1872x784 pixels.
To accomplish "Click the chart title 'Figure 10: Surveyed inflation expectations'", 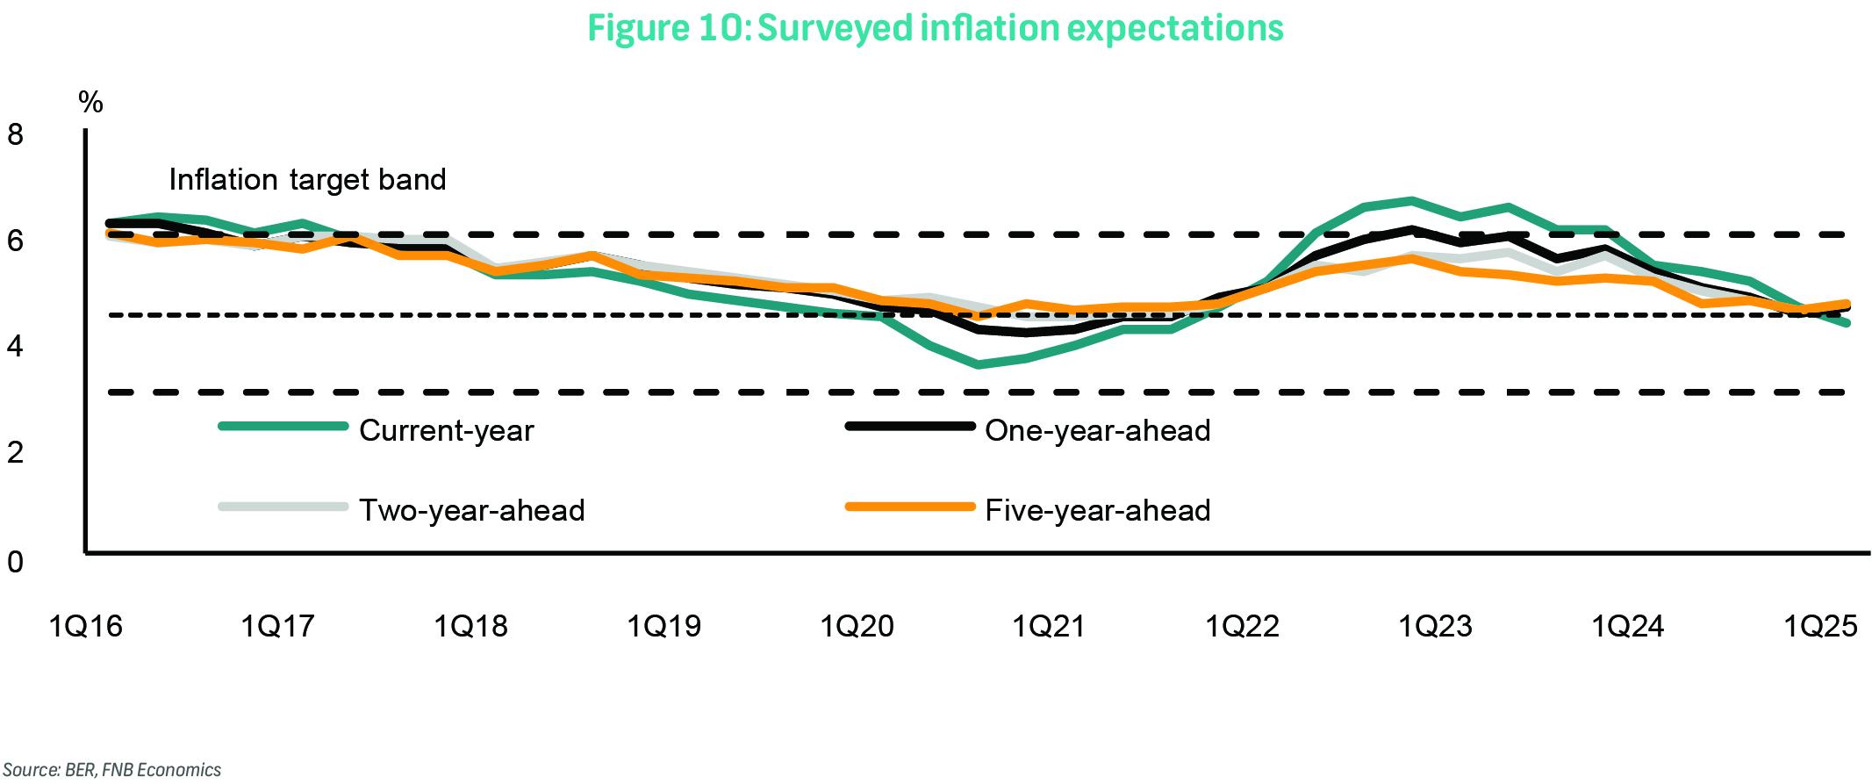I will tap(935, 28).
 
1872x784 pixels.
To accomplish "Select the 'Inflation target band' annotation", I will tap(307, 180).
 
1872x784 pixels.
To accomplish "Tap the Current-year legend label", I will tap(446, 431).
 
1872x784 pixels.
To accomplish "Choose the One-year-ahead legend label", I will tap(1097, 431).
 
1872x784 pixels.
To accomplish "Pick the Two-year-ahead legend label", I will tap(471, 511).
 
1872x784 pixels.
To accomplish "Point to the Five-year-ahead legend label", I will tap(1097, 511).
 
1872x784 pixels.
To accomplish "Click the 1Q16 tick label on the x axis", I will tap(85, 627).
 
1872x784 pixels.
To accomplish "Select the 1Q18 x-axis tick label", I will tap(471, 627).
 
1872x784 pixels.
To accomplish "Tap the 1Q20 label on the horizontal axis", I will tap(857, 627).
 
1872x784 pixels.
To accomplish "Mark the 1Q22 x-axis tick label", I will tap(1242, 627).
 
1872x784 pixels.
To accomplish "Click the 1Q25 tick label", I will tap(1821, 627).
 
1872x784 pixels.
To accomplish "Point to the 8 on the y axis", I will tap(15, 134).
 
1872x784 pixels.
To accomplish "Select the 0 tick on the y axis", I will tap(15, 562).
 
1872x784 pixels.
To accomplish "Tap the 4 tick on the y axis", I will tap(15, 347).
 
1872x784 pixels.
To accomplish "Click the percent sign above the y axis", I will tap(90, 103).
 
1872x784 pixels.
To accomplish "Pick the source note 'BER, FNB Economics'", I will tap(111, 770).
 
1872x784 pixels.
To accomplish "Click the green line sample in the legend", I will tap(283, 427).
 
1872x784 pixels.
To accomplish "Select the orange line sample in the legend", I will tap(910, 507).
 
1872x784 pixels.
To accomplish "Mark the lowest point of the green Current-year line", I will tap(979, 364).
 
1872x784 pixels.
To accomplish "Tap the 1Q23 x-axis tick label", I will tap(1435, 627).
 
